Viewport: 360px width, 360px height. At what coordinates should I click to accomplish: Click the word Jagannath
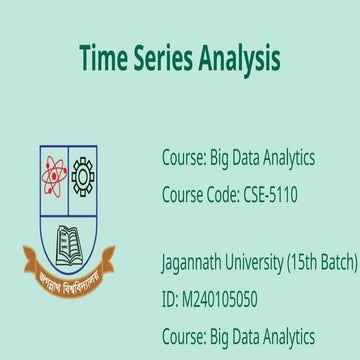(195, 263)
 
